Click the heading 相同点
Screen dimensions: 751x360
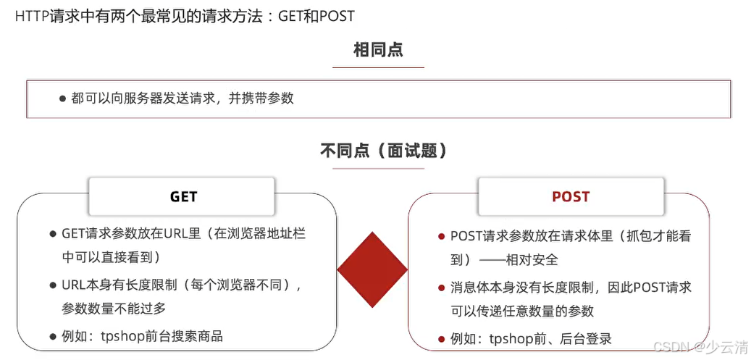point(378,50)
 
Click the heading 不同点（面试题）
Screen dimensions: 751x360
point(383,151)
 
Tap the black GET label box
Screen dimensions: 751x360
point(183,196)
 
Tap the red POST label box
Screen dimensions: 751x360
point(571,196)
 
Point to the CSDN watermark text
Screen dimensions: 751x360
point(700,347)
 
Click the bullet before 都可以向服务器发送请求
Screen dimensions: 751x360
point(63,99)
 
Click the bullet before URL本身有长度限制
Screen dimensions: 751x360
point(53,285)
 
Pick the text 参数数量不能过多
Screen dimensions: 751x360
point(114,308)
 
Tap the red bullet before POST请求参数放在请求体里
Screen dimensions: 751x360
point(441,236)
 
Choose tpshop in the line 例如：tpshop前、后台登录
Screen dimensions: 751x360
point(512,338)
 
